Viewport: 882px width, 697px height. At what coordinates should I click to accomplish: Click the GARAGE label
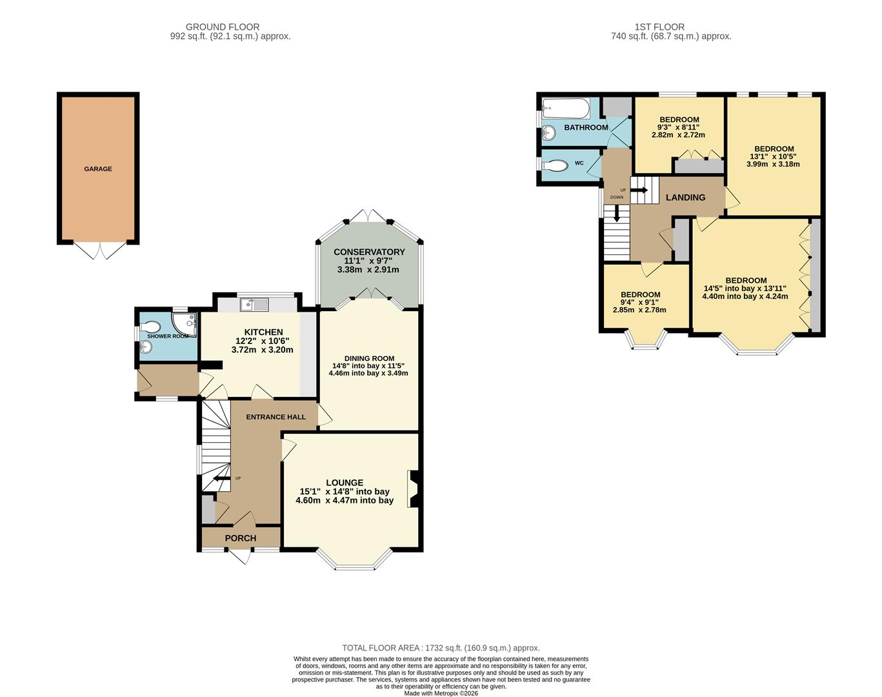click(98, 169)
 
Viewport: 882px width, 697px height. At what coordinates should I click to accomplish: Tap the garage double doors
click(99, 250)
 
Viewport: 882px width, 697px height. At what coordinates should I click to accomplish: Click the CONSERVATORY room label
click(369, 252)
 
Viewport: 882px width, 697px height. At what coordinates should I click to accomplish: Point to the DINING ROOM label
click(368, 359)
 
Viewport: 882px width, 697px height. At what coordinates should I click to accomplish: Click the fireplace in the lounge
click(414, 489)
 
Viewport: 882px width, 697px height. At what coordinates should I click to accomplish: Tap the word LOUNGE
click(345, 483)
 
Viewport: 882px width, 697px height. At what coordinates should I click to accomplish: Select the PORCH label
click(241, 538)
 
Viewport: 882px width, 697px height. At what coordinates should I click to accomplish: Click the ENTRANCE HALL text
click(276, 417)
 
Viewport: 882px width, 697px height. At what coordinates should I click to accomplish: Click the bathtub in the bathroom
click(566, 108)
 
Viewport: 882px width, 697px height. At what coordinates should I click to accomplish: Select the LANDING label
click(685, 197)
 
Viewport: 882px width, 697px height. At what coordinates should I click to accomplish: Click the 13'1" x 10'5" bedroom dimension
click(774, 156)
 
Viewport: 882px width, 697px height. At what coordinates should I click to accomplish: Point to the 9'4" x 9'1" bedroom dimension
click(640, 302)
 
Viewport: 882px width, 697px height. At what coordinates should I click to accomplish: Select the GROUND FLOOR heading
click(223, 27)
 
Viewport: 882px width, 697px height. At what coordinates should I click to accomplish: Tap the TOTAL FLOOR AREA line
click(441, 648)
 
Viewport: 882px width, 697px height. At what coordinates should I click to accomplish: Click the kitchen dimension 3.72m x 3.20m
click(262, 350)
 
